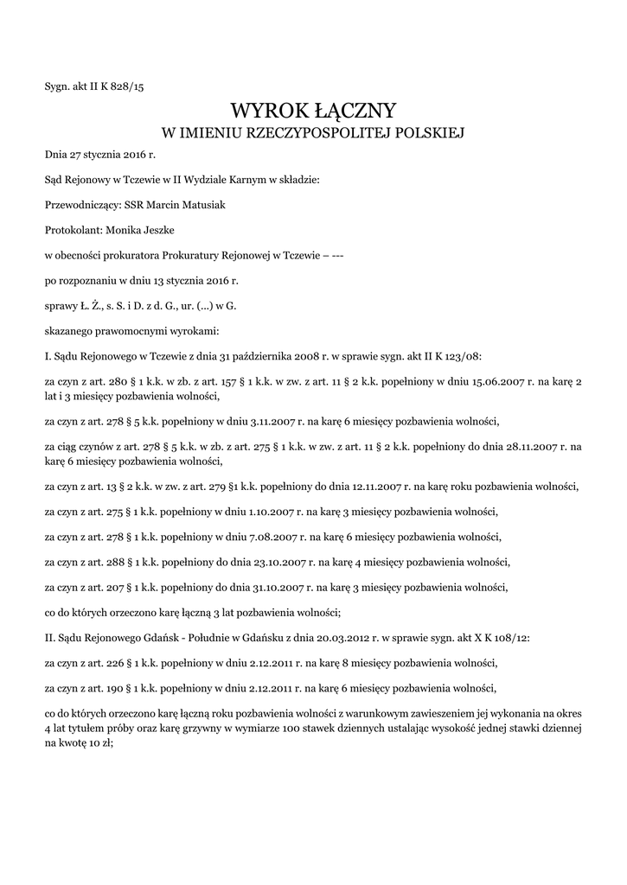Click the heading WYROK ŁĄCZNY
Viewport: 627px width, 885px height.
[x=313, y=110]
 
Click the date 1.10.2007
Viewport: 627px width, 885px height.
[x=249, y=511]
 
